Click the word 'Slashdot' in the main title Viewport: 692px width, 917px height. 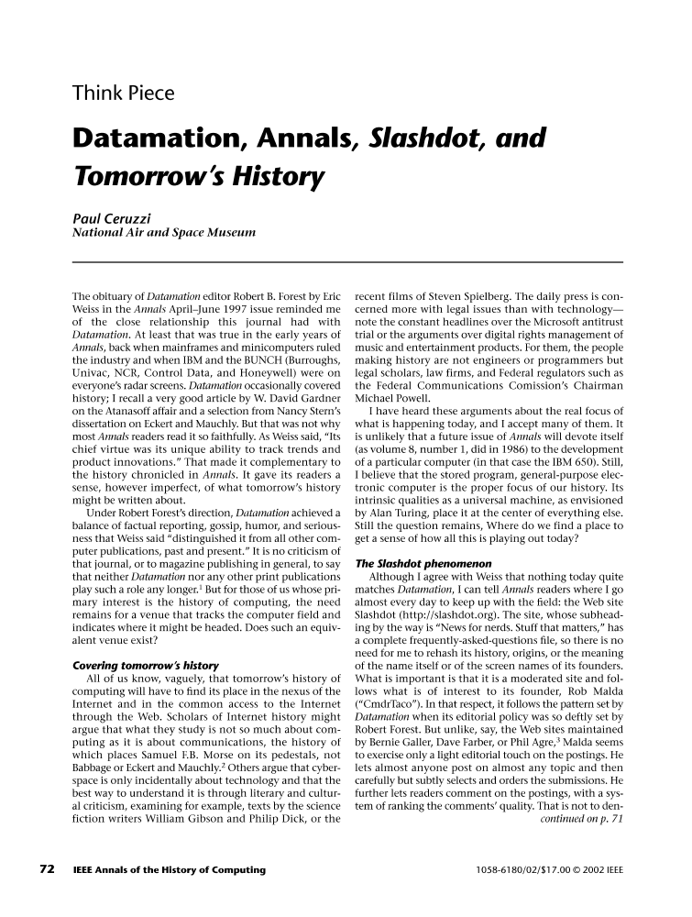click(422, 139)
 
